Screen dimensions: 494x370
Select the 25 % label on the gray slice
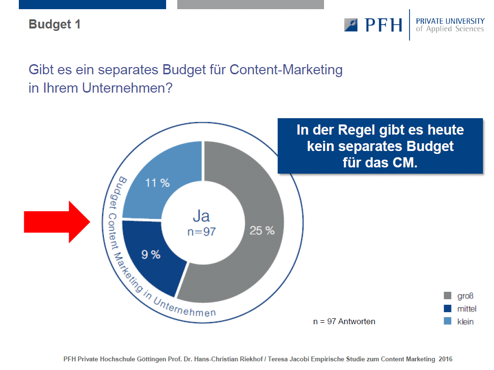(262, 231)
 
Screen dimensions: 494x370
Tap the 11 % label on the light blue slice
(157, 183)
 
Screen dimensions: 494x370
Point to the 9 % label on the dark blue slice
(151, 255)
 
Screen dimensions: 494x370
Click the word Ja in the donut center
(201, 216)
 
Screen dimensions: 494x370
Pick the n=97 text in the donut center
(202, 232)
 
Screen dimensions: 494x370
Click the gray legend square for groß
(447, 295)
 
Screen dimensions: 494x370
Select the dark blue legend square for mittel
(447, 308)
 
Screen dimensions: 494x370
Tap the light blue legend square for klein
(447, 321)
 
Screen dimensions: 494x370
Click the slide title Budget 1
(55, 24)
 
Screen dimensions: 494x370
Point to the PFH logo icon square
(351, 25)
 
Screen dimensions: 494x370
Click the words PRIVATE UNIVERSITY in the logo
(450, 21)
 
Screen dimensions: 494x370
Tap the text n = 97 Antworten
(344, 321)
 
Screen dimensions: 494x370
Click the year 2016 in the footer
(446, 359)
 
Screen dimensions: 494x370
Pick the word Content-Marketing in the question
(286, 70)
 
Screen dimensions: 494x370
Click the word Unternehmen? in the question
(127, 88)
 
